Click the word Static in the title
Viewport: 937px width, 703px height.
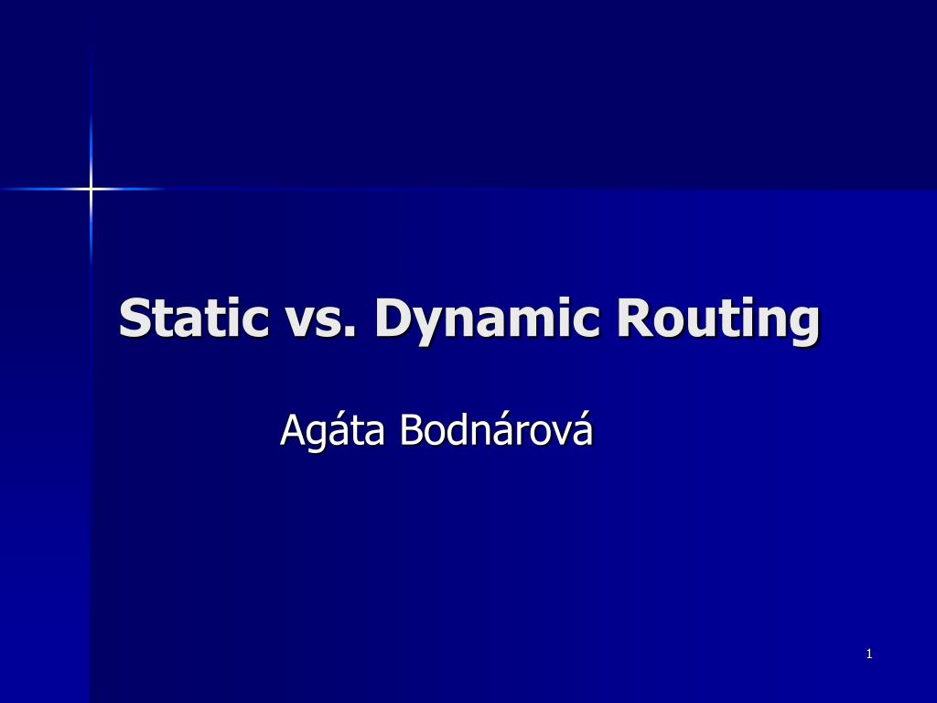[194, 318]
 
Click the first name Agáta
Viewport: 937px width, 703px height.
[332, 431]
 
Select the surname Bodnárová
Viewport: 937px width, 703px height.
[496, 429]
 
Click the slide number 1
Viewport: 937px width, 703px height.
[868, 654]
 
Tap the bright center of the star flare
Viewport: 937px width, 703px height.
[91, 189]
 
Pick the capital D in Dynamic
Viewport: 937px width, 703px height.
[394, 318]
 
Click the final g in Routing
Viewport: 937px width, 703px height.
[802, 326]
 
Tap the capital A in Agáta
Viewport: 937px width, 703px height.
[292, 430]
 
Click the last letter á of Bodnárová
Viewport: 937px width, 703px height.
[583, 430]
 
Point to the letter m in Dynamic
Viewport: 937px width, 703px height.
[532, 322]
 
